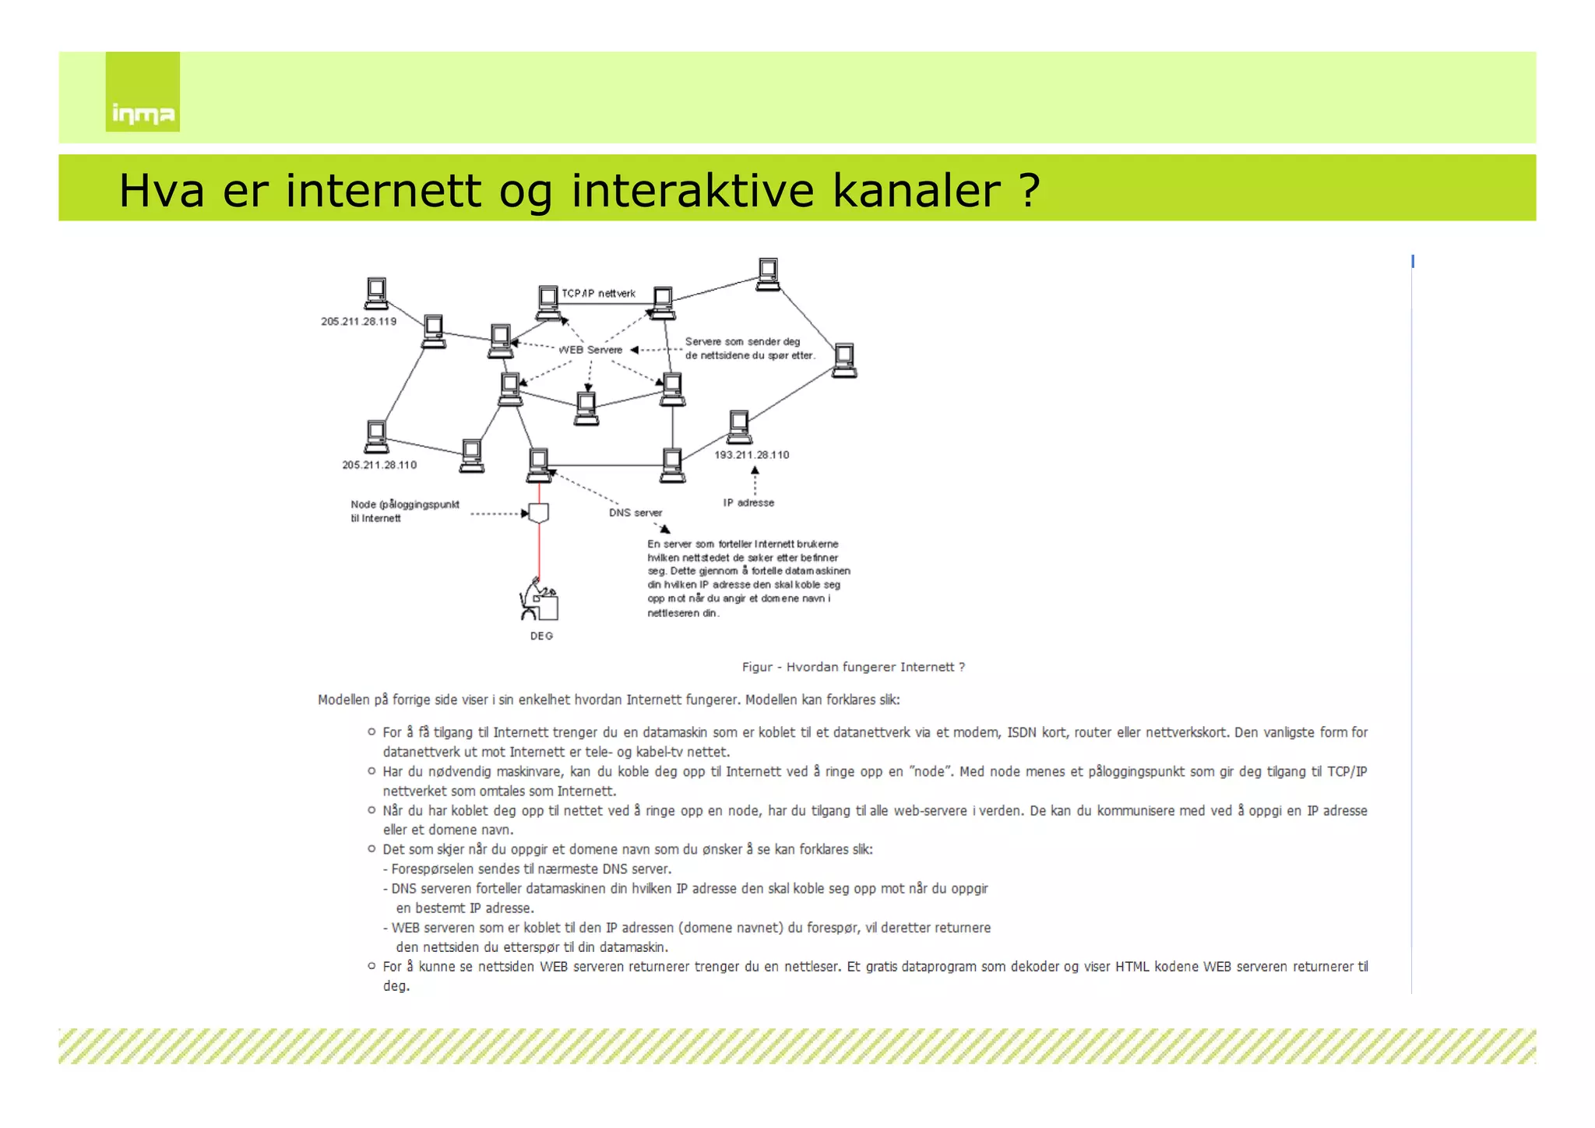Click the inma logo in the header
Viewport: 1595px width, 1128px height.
143,93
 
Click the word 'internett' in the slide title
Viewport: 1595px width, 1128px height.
382,191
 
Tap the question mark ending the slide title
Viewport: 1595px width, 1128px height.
1029,191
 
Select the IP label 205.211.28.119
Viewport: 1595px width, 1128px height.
358,322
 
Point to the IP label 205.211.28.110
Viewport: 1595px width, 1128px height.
379,465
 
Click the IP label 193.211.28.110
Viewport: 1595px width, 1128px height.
752,455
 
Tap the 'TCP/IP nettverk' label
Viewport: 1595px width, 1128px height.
598,294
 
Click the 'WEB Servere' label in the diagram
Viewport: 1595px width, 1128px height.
590,350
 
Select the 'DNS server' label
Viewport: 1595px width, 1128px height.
636,513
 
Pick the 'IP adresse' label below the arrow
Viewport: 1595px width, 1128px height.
748,503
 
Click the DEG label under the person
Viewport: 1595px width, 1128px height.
541,636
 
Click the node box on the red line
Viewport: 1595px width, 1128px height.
539,513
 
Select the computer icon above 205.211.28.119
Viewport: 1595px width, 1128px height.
376,294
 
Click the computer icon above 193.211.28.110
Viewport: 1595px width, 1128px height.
738,426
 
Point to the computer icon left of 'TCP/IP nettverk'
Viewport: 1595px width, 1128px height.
548,303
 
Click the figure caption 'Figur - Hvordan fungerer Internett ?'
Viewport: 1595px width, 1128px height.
853,667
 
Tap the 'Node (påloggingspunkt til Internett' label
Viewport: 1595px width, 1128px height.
404,511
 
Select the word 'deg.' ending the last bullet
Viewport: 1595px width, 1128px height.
396,986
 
